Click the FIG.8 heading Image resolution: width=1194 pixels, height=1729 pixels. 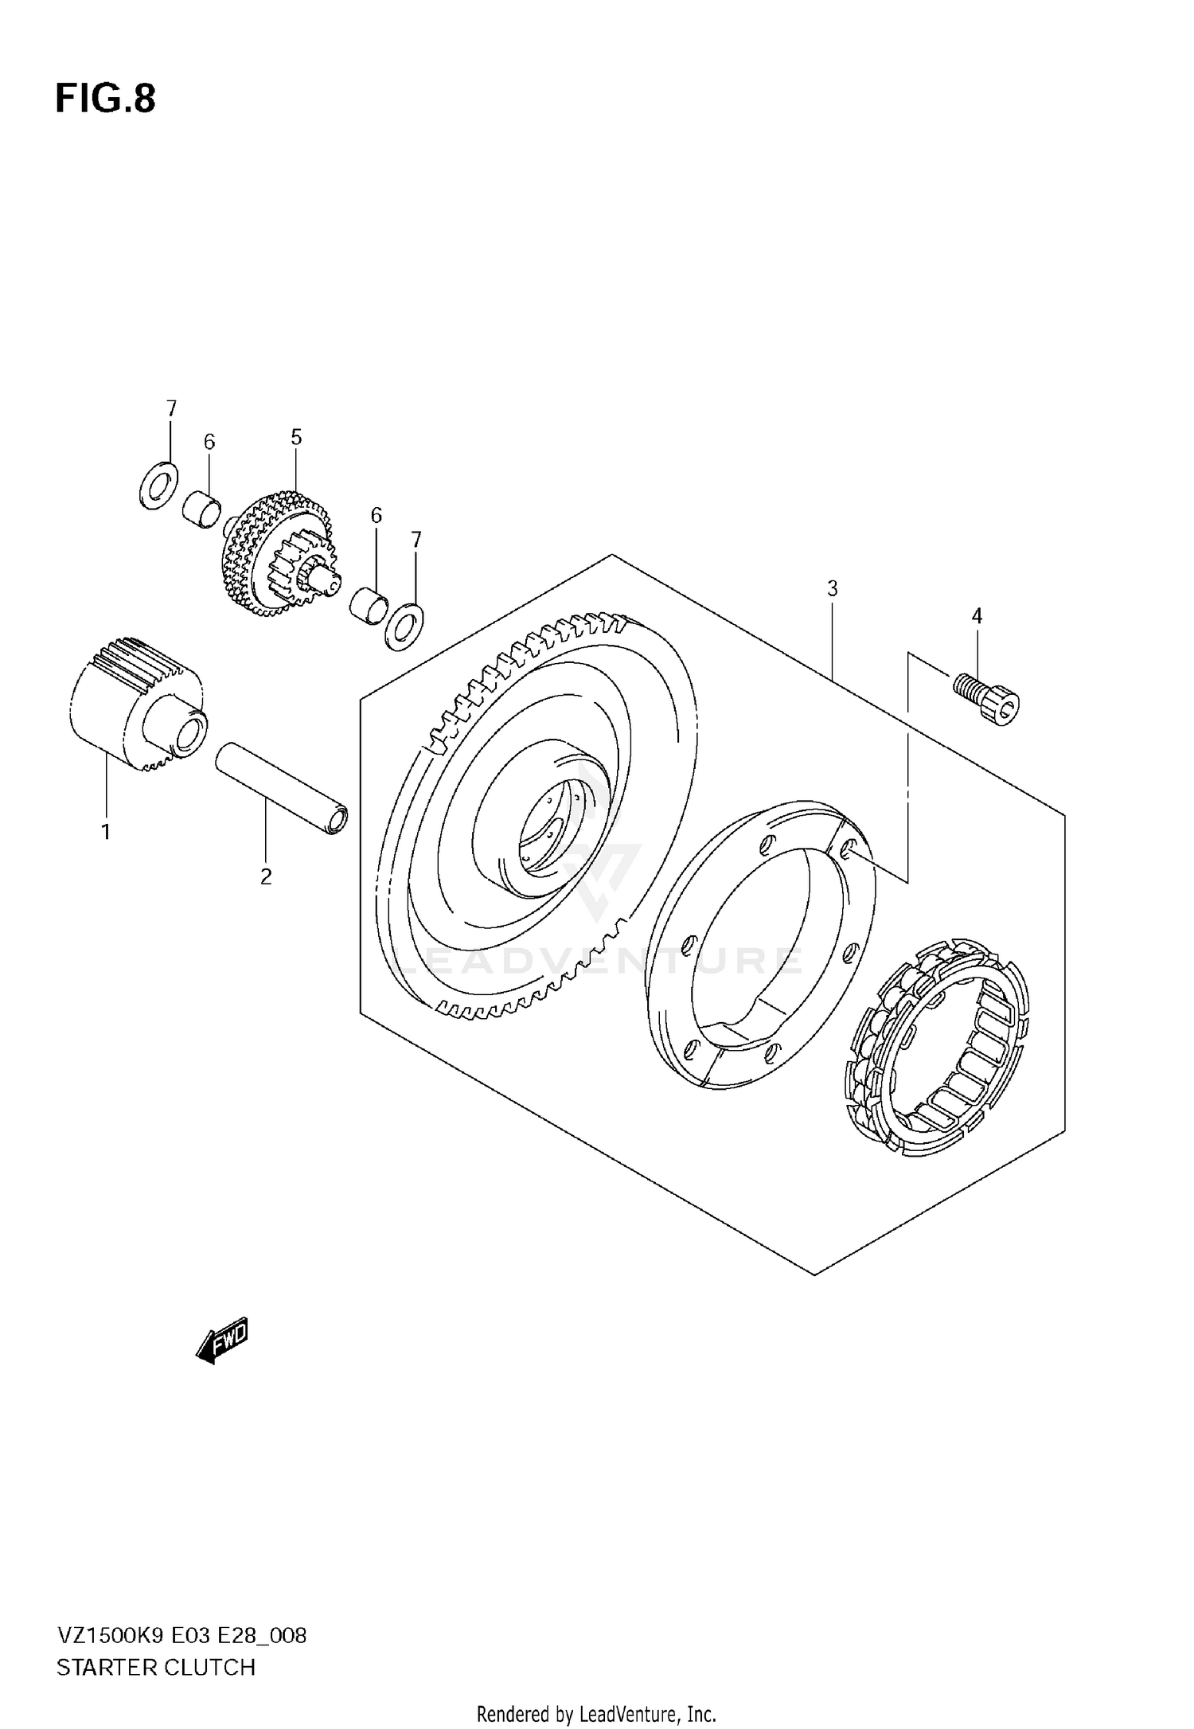pyautogui.click(x=105, y=100)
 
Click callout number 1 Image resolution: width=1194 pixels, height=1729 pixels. pyautogui.click(x=105, y=833)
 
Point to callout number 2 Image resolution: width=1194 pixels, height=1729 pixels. pyautogui.click(x=266, y=877)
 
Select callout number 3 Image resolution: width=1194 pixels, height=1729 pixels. pyautogui.click(x=832, y=589)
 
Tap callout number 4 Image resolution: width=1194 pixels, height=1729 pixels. pyautogui.click(x=977, y=615)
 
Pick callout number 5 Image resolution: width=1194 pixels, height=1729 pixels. pyautogui.click(x=296, y=437)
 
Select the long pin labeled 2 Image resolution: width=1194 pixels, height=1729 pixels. pyautogui.click(x=282, y=787)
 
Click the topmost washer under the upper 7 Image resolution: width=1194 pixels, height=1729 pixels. pyautogui.click(x=158, y=484)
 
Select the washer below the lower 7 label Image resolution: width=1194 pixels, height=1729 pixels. pyautogui.click(x=404, y=626)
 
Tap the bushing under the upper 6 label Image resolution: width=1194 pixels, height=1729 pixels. pyautogui.click(x=200, y=508)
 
